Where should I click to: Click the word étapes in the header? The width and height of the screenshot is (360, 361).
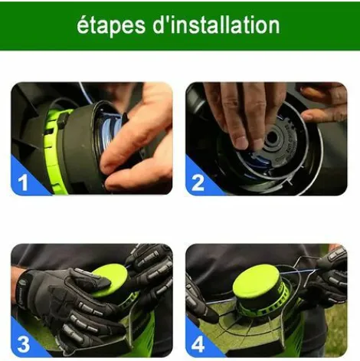click(111, 25)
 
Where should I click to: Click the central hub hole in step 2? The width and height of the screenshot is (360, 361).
click(271, 138)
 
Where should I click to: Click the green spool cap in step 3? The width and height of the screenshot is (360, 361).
click(110, 281)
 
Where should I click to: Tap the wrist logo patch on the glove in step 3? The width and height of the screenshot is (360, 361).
click(20, 292)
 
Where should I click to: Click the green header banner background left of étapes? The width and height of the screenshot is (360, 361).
click(38, 25)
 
